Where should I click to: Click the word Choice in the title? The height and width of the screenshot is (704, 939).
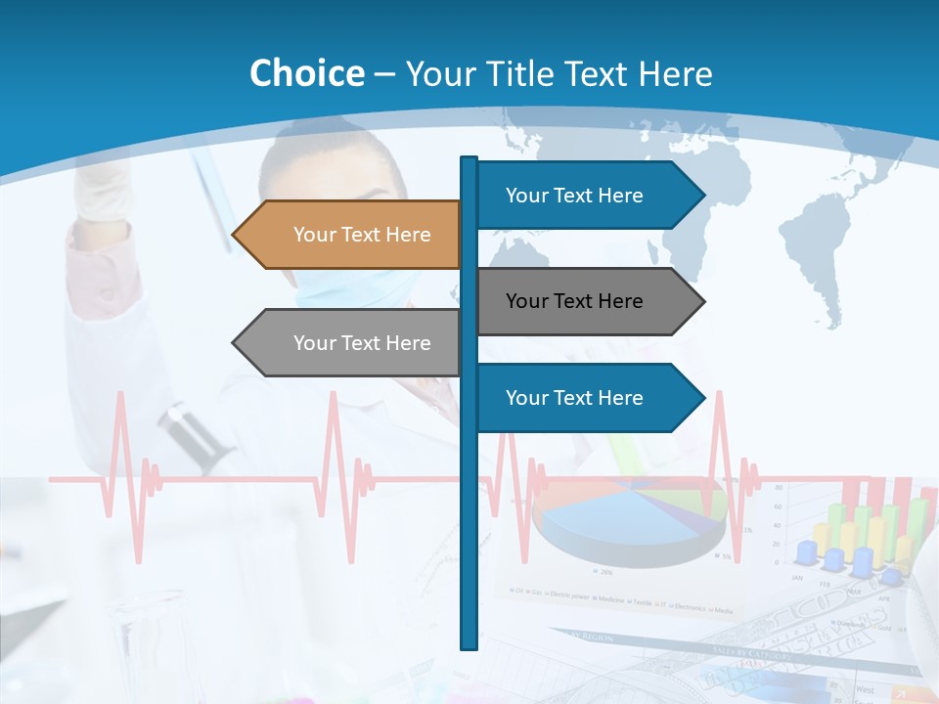coord(306,74)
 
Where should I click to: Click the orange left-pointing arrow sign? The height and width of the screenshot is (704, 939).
coord(352,235)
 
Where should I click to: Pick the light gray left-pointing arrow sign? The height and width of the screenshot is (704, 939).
coord(352,343)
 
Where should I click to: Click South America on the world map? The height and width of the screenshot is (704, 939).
coord(822,264)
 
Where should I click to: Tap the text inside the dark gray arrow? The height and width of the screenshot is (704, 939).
coord(574,301)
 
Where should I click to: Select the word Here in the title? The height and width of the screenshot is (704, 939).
coord(675,74)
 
